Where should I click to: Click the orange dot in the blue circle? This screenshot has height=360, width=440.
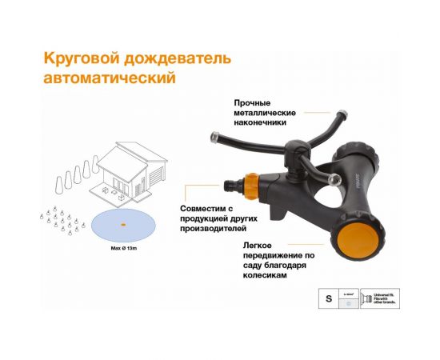click(x=123, y=225)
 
